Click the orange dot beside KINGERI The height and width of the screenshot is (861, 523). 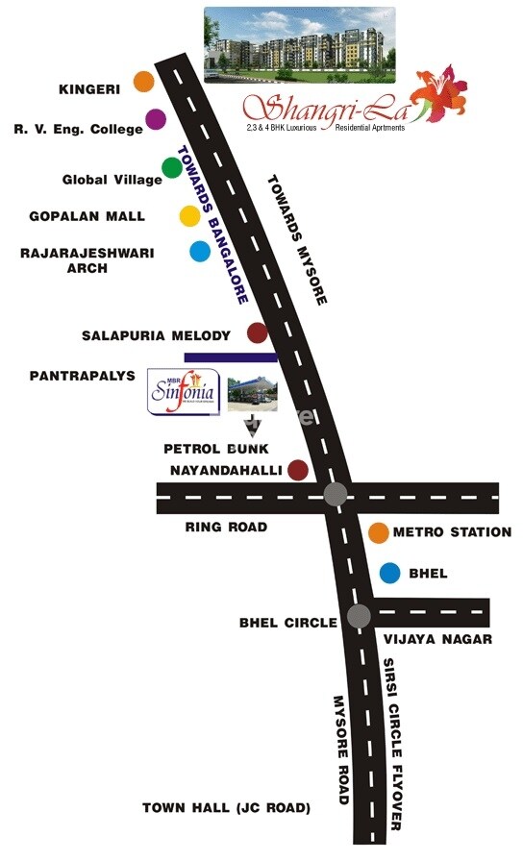point(143,82)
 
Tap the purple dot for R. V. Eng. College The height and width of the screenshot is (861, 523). point(156,121)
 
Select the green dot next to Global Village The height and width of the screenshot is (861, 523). point(172,168)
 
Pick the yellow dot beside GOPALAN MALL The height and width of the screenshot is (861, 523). point(189,216)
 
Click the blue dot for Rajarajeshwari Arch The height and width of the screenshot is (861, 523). point(200,252)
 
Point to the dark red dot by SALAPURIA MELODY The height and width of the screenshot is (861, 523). point(257,333)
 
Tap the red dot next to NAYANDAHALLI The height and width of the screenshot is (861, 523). point(298,470)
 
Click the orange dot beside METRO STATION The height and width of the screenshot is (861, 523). point(379,532)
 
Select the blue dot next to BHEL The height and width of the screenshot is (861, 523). point(389,574)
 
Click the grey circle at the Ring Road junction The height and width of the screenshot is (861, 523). point(335,495)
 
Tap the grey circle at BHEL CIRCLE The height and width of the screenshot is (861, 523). point(360,616)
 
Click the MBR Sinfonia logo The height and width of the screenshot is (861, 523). point(184,391)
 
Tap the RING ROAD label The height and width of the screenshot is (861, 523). point(226,528)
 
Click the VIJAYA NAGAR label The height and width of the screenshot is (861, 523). point(437,639)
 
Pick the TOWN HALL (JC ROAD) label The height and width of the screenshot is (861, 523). point(226,808)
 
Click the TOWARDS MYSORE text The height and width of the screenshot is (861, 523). point(297,239)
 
